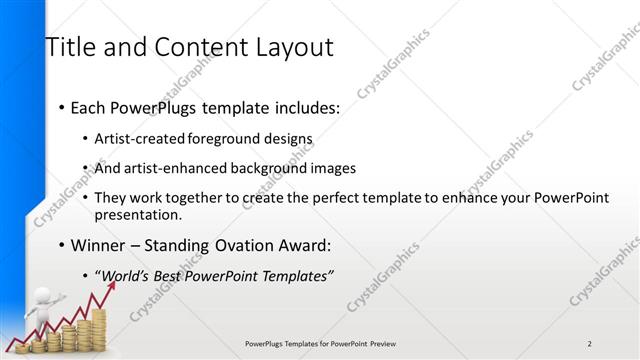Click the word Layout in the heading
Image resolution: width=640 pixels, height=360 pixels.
click(x=292, y=47)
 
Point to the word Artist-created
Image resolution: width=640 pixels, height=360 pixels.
click(x=141, y=139)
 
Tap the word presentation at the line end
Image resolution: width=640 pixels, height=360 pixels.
click(x=138, y=214)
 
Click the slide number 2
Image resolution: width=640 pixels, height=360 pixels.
click(x=589, y=344)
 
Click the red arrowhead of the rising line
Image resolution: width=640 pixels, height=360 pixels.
click(x=111, y=285)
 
